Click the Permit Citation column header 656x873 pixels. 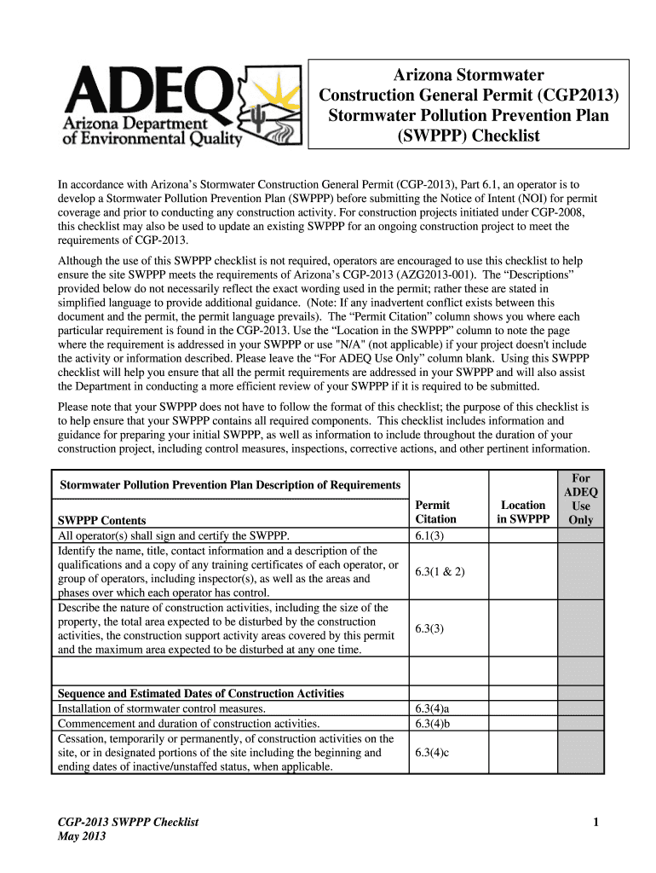435,512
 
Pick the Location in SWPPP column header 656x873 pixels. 522,512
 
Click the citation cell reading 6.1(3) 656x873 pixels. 430,535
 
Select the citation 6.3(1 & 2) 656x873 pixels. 440,571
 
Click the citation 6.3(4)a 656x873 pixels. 433,708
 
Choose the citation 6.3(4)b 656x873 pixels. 433,724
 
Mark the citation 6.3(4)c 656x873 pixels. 432,752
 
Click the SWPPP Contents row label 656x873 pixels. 101,520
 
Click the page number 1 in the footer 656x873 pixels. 597,822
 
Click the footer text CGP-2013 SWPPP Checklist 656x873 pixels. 127,822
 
